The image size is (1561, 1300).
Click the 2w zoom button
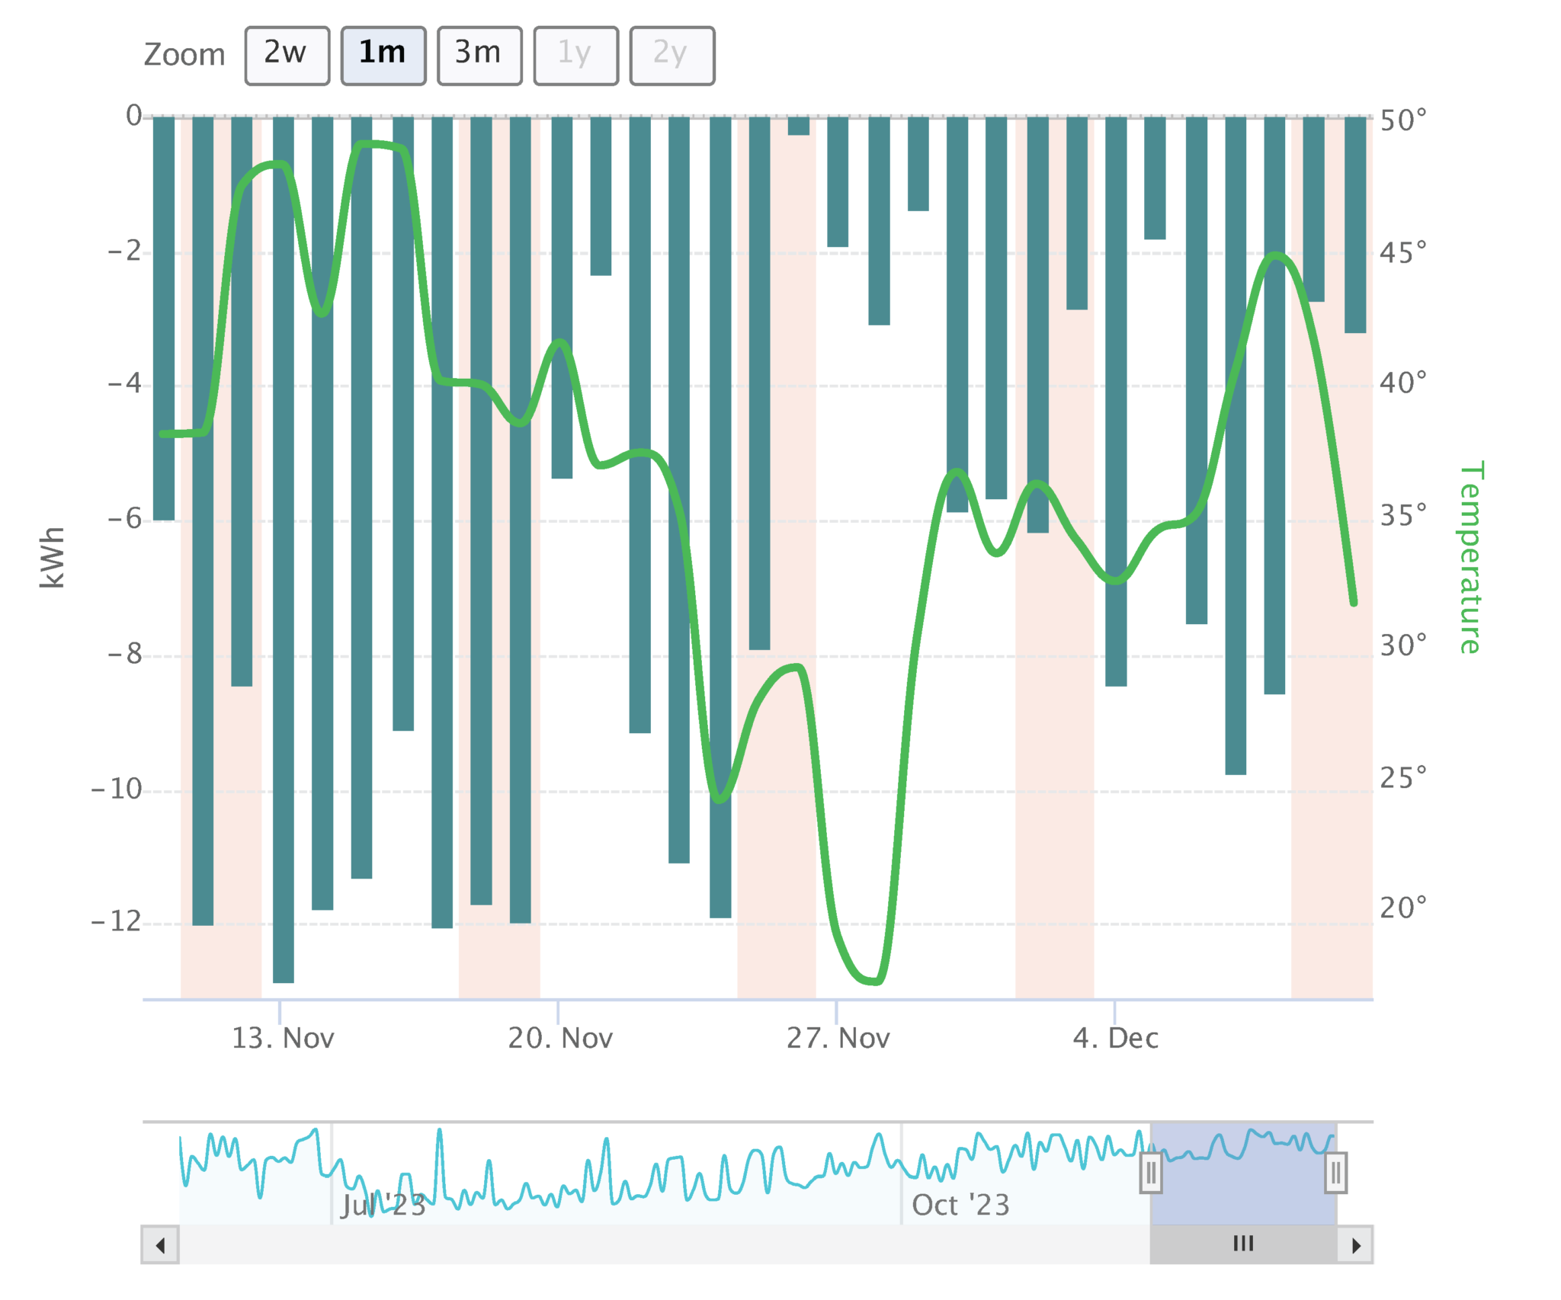(x=287, y=55)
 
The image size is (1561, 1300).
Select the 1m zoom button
(x=383, y=55)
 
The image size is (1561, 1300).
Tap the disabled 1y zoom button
(x=575, y=55)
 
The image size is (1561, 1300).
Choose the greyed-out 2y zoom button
(x=672, y=55)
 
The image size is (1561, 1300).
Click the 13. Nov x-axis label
(x=283, y=1038)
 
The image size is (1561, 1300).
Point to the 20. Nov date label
(x=560, y=1038)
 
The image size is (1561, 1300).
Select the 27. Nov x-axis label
(x=838, y=1038)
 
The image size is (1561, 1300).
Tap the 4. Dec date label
(x=1116, y=1038)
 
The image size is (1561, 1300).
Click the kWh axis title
(x=52, y=557)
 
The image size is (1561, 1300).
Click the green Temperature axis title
(x=1470, y=557)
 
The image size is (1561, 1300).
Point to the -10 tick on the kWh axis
(x=117, y=789)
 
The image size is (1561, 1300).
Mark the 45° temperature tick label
(x=1402, y=252)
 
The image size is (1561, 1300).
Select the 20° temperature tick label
(x=1402, y=908)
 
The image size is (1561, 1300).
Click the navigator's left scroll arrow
(x=160, y=1245)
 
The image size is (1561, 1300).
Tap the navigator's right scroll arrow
(x=1355, y=1245)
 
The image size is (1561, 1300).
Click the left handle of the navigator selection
(x=1151, y=1174)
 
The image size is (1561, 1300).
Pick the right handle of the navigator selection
(x=1336, y=1174)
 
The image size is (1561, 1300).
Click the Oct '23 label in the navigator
(x=960, y=1206)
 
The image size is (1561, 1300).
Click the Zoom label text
(x=184, y=55)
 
